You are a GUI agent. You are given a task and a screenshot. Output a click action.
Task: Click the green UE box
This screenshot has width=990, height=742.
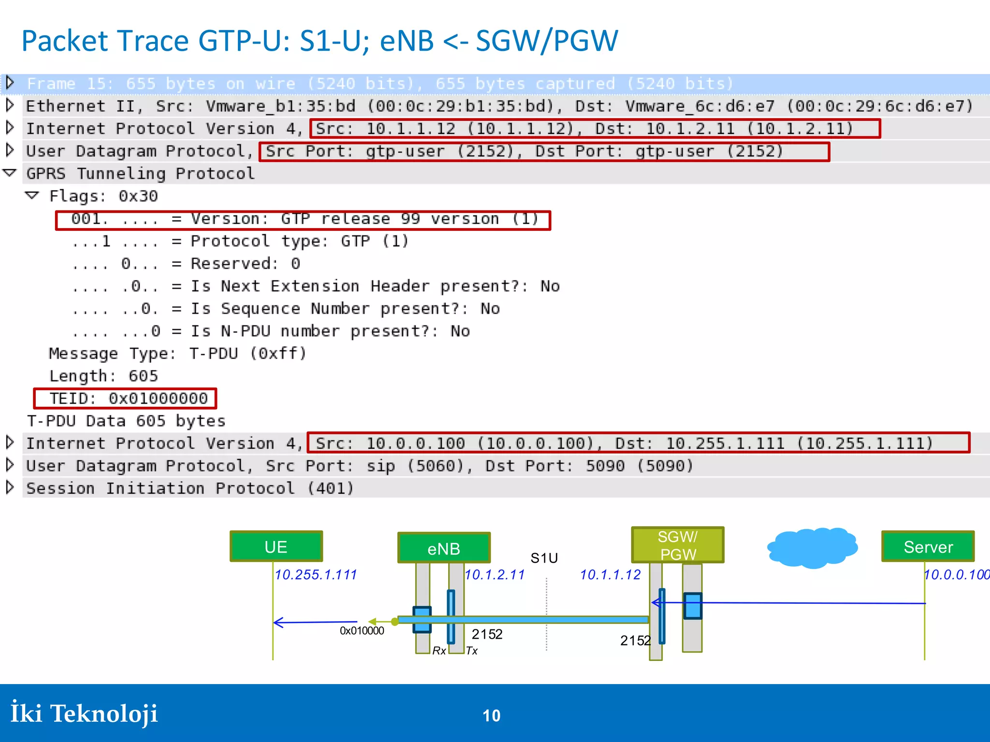(276, 546)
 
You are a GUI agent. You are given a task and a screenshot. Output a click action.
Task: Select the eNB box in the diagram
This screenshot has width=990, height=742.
(444, 548)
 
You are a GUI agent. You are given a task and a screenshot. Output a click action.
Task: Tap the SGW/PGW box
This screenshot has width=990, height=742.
(678, 545)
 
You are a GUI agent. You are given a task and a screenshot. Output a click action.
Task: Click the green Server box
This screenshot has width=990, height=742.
(928, 546)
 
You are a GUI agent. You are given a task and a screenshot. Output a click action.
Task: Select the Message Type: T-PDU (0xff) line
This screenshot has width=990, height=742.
(177, 354)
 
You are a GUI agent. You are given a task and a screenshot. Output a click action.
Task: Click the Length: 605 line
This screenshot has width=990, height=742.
(103, 376)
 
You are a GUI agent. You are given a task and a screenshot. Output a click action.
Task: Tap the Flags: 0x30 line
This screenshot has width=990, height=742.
(103, 196)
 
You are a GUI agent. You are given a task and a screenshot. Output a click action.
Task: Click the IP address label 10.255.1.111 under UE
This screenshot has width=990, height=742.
(316, 574)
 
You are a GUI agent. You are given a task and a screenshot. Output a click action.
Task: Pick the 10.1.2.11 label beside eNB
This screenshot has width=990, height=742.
(495, 574)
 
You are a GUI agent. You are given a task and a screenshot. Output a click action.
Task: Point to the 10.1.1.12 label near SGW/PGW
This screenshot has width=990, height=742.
(610, 574)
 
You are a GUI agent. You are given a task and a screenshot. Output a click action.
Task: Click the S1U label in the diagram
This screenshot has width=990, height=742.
(544, 558)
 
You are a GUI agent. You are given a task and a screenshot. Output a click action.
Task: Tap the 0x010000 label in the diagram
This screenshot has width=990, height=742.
(362, 630)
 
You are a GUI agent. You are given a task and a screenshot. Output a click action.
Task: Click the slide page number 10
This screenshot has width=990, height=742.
(492, 715)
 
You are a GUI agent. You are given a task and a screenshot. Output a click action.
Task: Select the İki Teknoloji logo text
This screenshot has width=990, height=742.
(84, 713)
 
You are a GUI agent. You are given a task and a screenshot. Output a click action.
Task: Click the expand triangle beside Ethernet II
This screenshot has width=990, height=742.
(10, 105)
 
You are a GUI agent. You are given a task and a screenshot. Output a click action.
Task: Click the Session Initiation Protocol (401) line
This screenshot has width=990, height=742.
(189, 488)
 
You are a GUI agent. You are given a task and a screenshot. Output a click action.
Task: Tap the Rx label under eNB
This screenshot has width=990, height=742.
(439, 651)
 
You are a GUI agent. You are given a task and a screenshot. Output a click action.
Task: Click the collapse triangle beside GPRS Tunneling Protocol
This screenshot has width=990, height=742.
(10, 173)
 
